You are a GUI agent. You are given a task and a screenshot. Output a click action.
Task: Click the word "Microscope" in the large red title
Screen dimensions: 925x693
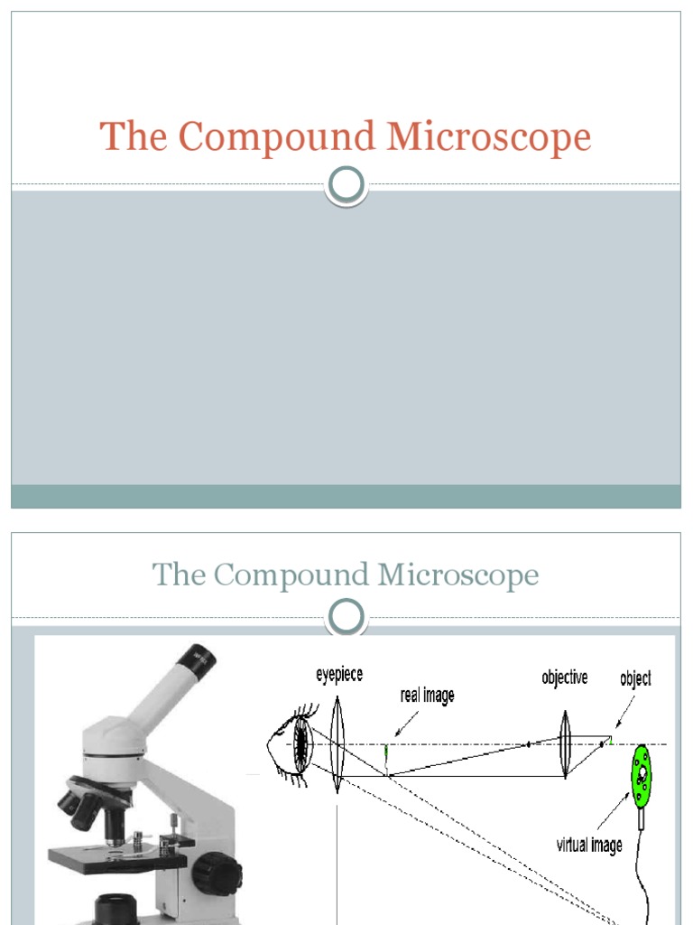coord(489,137)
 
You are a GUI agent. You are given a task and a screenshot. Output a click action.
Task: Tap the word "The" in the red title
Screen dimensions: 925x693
coord(135,137)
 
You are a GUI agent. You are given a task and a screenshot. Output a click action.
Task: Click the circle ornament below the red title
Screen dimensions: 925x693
coord(346,185)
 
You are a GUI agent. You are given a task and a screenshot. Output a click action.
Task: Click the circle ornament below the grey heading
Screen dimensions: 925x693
coord(346,618)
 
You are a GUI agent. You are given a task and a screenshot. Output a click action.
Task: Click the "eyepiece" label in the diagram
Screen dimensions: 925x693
coord(338,674)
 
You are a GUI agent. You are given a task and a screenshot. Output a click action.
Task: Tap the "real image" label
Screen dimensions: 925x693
coord(427,696)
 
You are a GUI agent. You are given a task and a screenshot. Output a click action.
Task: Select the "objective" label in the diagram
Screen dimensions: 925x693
coord(565,677)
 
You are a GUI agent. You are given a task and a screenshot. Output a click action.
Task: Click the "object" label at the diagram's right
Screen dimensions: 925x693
coord(635,678)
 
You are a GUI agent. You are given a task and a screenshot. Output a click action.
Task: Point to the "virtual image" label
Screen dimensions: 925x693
coord(588,845)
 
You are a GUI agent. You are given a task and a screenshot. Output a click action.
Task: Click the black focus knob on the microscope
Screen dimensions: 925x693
coord(217,872)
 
